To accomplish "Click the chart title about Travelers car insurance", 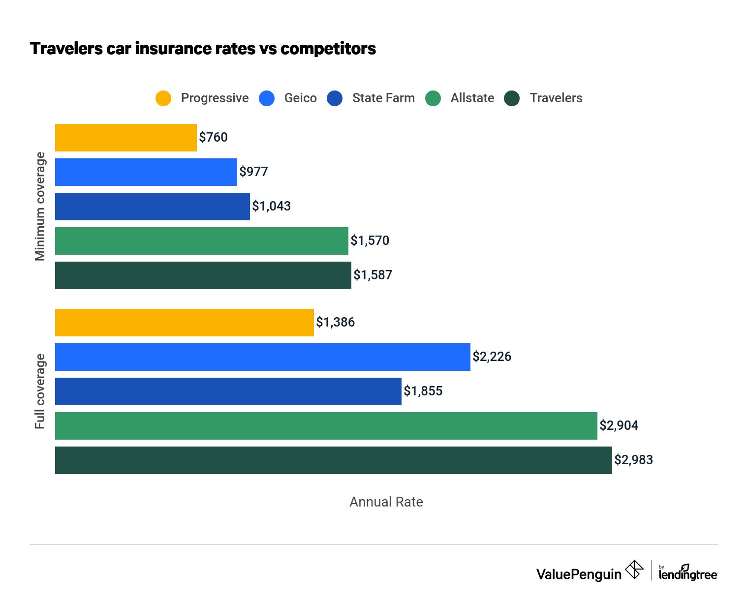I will click(x=203, y=49).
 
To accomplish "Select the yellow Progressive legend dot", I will click(x=163, y=98).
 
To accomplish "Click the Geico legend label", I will click(x=300, y=98).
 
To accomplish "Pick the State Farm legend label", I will click(x=383, y=98).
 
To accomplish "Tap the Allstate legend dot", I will click(x=433, y=98).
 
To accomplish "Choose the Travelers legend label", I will click(x=556, y=98).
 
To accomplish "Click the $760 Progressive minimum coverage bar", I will click(x=126, y=138).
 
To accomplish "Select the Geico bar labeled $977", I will click(x=146, y=172).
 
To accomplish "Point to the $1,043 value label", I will click(x=271, y=206).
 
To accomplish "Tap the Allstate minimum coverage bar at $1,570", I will click(x=202, y=241).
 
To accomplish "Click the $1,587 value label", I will click(x=373, y=275).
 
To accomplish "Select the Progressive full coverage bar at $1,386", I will click(x=185, y=323).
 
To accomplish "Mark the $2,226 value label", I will click(x=492, y=357).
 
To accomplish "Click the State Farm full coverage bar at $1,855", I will click(x=228, y=391).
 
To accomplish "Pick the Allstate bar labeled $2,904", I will click(x=326, y=426).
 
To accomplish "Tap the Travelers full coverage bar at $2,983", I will click(x=334, y=460).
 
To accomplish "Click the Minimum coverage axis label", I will click(x=40, y=207).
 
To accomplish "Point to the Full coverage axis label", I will click(x=40, y=391).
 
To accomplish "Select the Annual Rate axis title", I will click(x=386, y=502).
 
